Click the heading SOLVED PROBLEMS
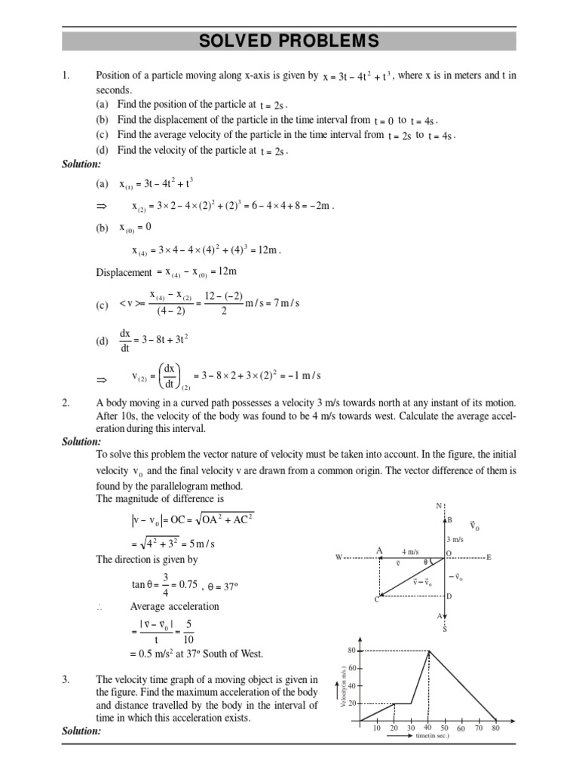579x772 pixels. point(289,41)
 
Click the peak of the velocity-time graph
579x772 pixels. point(429,651)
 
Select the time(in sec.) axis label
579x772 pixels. point(432,736)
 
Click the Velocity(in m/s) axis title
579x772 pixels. point(342,685)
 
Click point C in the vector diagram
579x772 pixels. point(377,599)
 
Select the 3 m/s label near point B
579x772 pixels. point(454,539)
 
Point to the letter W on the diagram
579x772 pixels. point(339,557)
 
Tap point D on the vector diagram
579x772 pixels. point(449,596)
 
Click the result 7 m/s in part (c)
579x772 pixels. point(284,303)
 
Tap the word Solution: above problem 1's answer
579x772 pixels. point(81,164)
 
